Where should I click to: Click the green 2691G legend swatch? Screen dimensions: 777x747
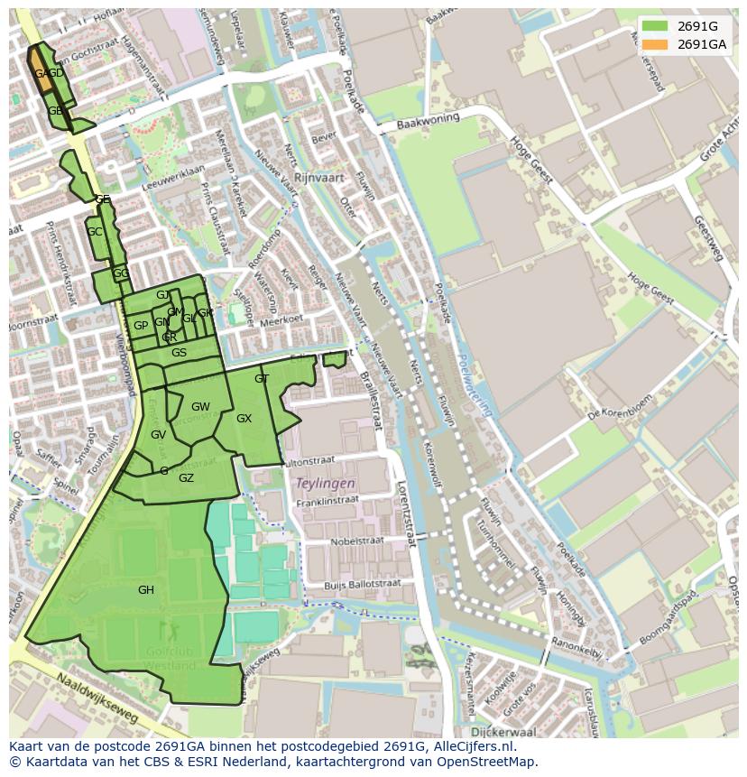[x=656, y=26]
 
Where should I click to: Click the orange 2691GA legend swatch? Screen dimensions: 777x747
[x=656, y=44]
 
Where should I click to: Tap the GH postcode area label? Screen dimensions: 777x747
[x=146, y=590]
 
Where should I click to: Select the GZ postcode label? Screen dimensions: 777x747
[x=186, y=478]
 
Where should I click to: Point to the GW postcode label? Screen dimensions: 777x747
[x=200, y=407]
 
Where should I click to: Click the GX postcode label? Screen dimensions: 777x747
[x=244, y=419]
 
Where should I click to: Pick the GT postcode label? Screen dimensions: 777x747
[x=262, y=379]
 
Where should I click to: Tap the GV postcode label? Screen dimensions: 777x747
[x=158, y=435]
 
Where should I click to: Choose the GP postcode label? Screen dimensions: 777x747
[x=141, y=326]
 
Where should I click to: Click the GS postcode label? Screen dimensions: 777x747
[x=179, y=353]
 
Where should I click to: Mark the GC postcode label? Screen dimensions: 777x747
[x=94, y=232]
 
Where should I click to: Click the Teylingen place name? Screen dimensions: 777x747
[x=326, y=484]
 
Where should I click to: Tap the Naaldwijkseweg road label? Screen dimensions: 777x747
[x=97, y=698]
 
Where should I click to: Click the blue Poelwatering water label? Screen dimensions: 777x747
[x=476, y=384]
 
